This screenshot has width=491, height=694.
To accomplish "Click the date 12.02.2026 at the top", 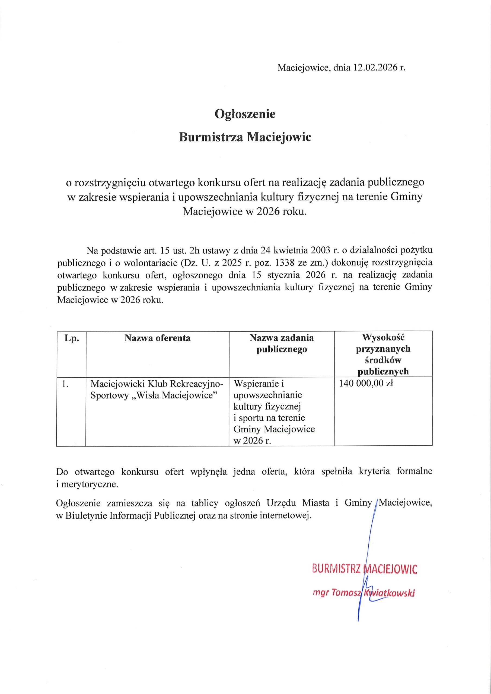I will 375,68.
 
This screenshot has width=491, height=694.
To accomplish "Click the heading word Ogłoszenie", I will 245,114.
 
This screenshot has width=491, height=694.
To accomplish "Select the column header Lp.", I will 71,338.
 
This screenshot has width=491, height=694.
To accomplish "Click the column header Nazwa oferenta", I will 157,338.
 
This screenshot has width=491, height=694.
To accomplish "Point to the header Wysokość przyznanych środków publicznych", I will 383,354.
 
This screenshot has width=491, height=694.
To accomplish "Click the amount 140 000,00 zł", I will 366,384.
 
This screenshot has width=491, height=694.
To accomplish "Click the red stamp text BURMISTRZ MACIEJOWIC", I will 364,569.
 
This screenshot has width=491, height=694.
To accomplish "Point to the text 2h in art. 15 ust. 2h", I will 194,250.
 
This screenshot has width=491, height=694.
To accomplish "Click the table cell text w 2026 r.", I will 252,441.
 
